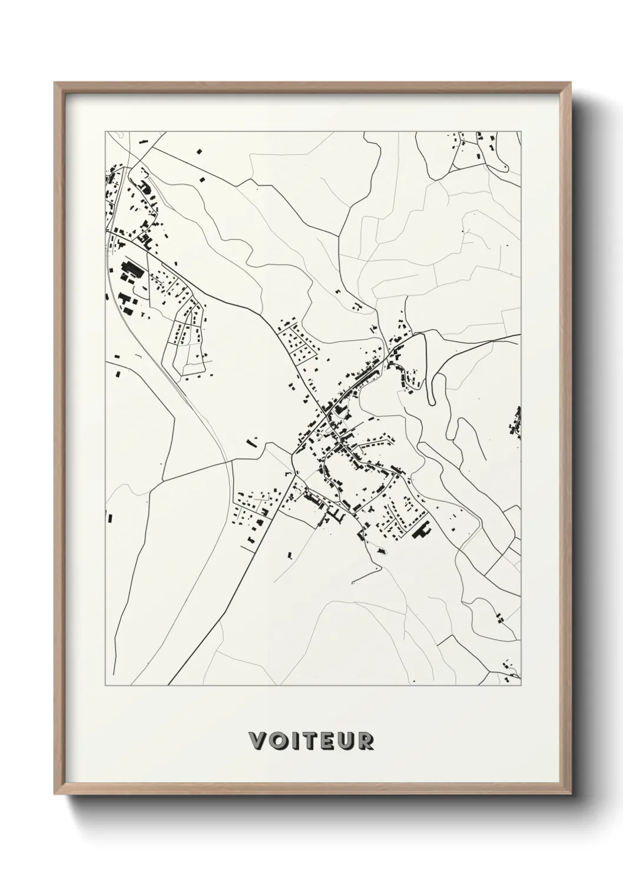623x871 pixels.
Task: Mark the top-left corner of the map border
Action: coord(105,131)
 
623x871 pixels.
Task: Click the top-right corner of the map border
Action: coord(521,131)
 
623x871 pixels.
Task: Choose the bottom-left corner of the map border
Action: coord(105,686)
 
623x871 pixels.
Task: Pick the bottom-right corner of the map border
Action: coord(521,686)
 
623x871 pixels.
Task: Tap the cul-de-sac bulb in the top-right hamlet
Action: coord(505,168)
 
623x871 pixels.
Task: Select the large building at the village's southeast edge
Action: coord(422,531)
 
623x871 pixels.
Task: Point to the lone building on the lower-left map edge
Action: coord(110,518)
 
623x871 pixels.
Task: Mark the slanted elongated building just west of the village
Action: coord(252,441)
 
